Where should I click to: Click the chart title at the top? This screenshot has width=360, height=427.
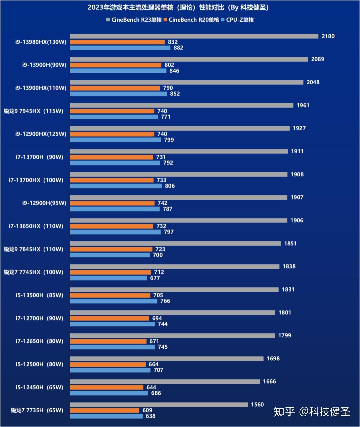[x=179, y=7]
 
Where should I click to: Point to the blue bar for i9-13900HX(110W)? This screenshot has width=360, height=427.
[x=118, y=94]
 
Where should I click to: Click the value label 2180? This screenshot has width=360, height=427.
[x=328, y=36]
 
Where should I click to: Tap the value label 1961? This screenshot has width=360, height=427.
[x=303, y=105]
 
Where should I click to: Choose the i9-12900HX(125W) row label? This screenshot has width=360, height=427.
[x=41, y=134]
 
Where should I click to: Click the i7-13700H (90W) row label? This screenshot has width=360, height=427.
[x=39, y=157]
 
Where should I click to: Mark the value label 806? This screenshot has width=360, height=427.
[x=170, y=186]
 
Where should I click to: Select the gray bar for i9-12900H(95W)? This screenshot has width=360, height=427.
[x=178, y=198]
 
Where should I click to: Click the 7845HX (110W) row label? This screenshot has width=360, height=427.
[x=33, y=249]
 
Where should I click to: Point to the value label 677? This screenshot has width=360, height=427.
[x=155, y=278]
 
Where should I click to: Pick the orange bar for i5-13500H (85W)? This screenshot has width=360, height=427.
[x=110, y=295]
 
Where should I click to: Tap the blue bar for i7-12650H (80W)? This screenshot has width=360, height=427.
[x=112, y=347]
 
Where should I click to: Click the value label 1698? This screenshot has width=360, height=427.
[x=273, y=359]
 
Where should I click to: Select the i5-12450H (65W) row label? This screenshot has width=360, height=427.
[x=39, y=387]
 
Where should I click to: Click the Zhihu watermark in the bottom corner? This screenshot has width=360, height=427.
[x=311, y=412]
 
